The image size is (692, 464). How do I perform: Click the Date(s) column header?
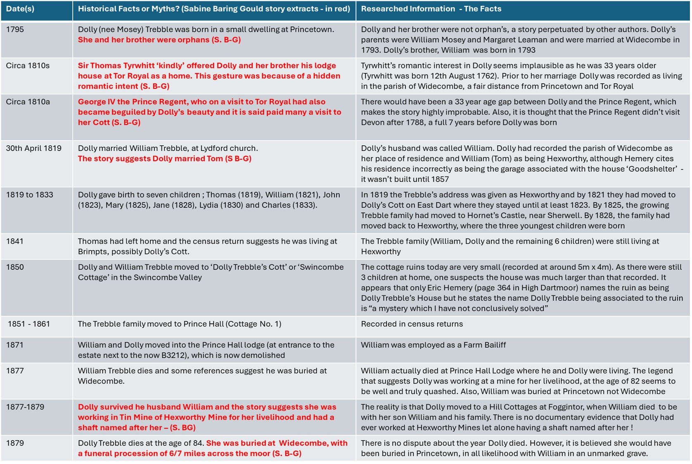pos(20,9)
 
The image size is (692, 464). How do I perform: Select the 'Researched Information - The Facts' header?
pos(431,9)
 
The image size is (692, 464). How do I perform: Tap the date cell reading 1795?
pos(15,30)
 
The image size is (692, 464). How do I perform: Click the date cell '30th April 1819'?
pos(33,148)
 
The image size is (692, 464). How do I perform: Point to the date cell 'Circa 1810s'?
pos(28,66)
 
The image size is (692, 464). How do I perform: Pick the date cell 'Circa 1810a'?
pos(28,102)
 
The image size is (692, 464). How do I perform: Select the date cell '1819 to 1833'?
pos(29,195)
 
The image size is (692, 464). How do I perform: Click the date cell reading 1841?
pos(15,242)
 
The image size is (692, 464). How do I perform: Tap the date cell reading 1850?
pos(15,267)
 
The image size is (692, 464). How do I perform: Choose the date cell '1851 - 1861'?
pos(29,324)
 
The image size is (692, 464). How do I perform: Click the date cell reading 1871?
pos(15,345)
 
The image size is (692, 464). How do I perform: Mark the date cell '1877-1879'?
pos(25,407)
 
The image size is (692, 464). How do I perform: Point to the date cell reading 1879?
pos(15,443)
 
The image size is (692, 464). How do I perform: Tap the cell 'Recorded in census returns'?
pos(412,324)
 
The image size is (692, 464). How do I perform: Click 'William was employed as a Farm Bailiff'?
pos(433,345)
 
